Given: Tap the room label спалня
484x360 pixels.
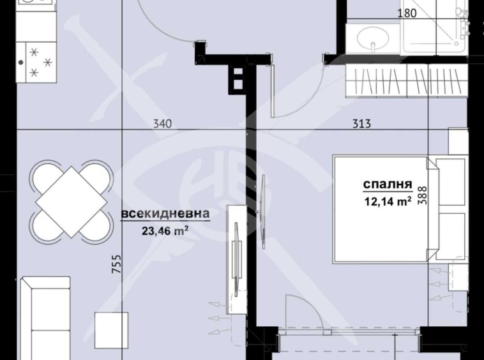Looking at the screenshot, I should point(387,185).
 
